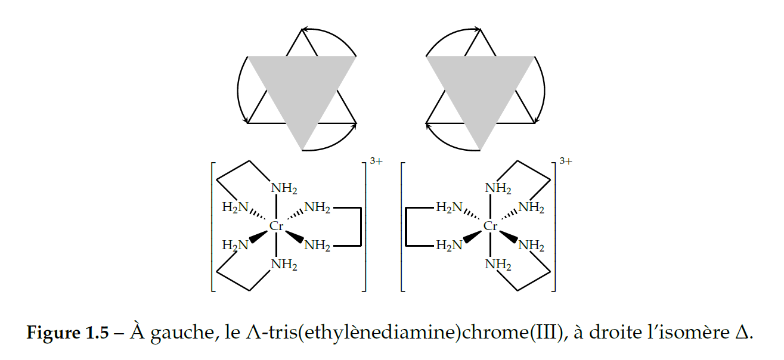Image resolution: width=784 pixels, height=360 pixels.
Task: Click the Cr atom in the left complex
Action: (276, 226)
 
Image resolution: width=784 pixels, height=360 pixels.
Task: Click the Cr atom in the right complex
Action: (490, 226)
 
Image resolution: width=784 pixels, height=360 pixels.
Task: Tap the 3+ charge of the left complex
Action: (376, 161)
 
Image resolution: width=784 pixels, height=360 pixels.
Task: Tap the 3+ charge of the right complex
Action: (565, 161)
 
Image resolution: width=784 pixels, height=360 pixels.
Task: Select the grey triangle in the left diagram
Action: (302, 89)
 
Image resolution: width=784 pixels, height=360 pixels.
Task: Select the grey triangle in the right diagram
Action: (480, 89)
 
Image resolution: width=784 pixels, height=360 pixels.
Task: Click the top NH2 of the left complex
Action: (284, 188)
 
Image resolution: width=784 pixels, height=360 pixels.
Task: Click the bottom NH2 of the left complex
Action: (284, 265)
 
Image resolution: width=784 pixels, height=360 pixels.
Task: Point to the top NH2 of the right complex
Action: (498, 188)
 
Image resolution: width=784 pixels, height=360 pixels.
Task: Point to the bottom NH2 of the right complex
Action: (498, 265)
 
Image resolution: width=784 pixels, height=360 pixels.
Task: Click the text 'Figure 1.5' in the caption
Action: (67, 333)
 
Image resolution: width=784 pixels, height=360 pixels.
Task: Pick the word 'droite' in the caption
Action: (608, 333)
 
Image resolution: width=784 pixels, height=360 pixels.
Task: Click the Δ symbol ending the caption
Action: (742, 333)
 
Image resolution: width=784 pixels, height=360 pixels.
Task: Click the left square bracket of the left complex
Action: (213, 226)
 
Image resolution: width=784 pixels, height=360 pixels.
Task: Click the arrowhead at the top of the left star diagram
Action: (305, 29)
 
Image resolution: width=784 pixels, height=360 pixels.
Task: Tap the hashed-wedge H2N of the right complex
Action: (450, 207)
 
